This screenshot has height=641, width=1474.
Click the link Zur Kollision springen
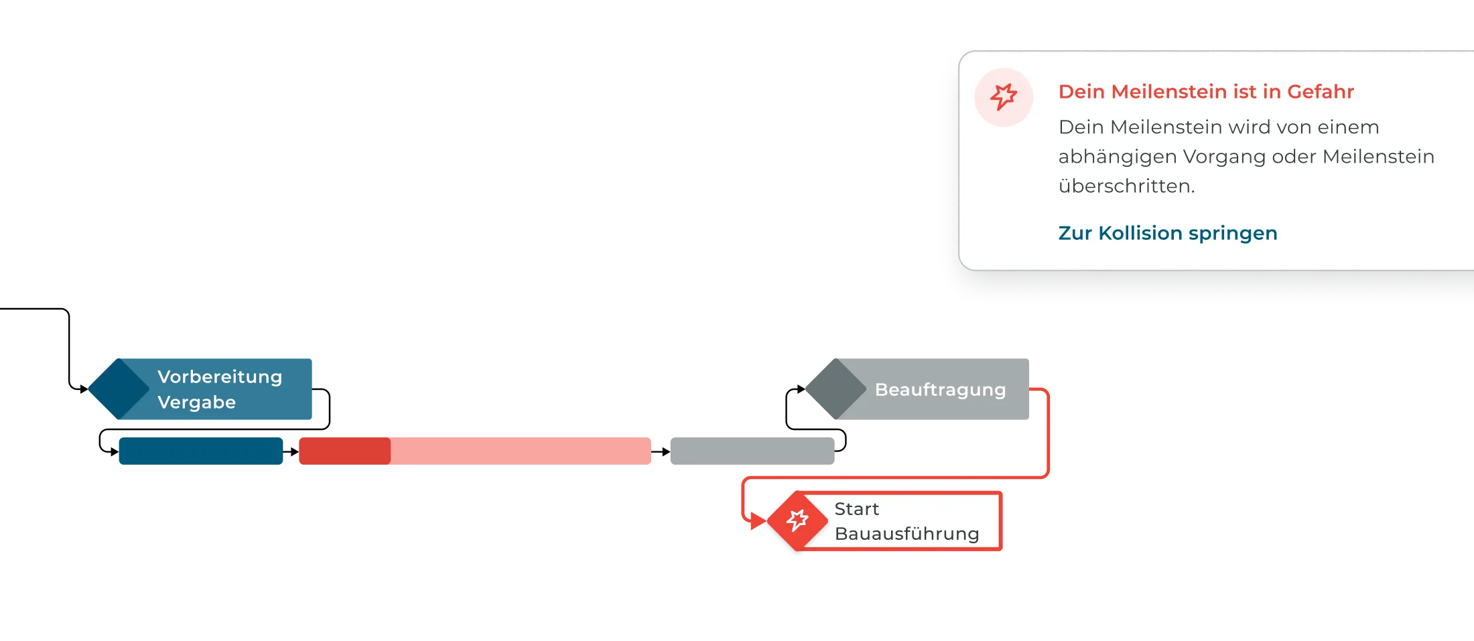[1167, 233]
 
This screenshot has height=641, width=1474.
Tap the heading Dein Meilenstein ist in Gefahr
[1206, 92]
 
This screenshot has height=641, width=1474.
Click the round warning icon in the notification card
[1004, 97]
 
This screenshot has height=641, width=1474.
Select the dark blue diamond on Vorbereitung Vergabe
[119, 388]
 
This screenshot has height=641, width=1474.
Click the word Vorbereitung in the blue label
[220, 377]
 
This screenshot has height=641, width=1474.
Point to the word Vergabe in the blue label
[196, 403]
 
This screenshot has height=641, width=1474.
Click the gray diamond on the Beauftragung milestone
[835, 388]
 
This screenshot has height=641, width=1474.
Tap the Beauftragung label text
[940, 390]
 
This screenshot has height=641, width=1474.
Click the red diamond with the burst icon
[797, 520]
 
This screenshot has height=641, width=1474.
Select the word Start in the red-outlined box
[856, 509]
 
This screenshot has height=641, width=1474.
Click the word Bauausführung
[907, 534]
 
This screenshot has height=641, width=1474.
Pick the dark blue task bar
[201, 450]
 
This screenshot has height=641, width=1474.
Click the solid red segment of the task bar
[344, 450]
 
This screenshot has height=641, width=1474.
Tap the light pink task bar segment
[521, 450]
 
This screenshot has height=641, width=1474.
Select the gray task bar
[752, 450]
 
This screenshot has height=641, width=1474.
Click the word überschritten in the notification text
[1126, 186]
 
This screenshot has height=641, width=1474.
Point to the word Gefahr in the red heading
[1321, 92]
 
